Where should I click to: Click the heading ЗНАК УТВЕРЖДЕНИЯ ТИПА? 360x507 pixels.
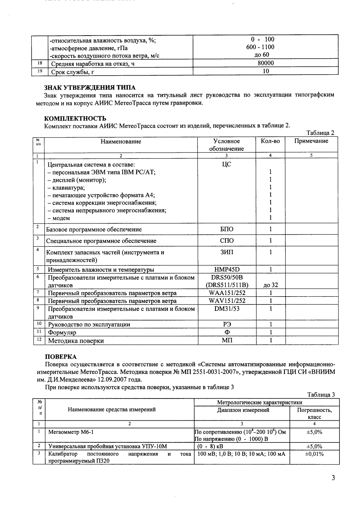pyautogui.click(x=90, y=88)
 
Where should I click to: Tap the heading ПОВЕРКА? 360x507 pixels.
pyautogui.click(x=61, y=357)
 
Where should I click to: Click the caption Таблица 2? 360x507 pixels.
pyautogui.click(x=320, y=133)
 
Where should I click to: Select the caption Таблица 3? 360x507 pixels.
pyautogui.click(x=321, y=395)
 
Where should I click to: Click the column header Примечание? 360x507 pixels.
pyautogui.click(x=311, y=141)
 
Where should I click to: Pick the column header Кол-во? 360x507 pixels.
pyautogui.click(x=270, y=141)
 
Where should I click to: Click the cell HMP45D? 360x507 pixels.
pyautogui.click(x=227, y=269)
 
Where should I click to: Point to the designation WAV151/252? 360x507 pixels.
pyautogui.click(x=227, y=301)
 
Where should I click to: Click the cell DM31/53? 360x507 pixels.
pyautogui.click(x=227, y=309)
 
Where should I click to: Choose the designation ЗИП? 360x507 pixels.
pyautogui.click(x=227, y=252)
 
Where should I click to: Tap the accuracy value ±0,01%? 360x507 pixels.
pyautogui.click(x=314, y=454)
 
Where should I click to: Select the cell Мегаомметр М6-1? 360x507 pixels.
pyautogui.click(x=71, y=432)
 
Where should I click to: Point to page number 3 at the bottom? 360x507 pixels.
pyautogui.click(x=333, y=478)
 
